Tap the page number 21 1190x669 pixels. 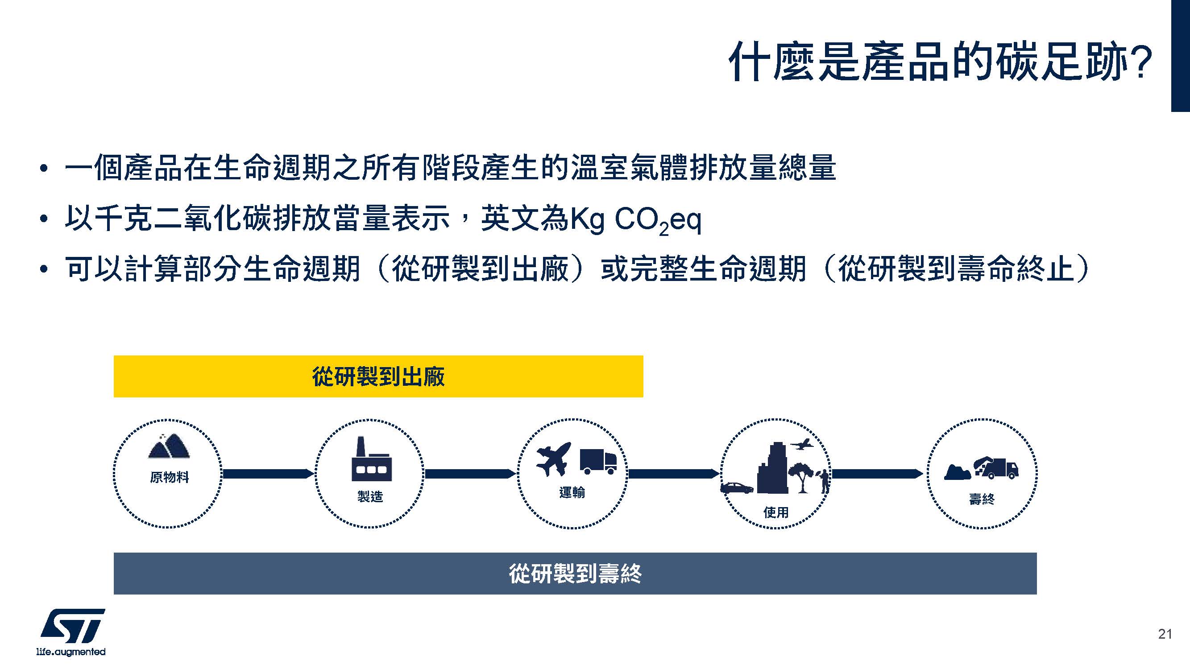point(1165,634)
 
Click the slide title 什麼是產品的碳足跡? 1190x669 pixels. point(941,62)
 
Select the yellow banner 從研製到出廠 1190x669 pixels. point(378,376)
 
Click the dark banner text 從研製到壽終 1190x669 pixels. point(575,574)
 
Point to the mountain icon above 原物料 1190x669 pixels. point(169,446)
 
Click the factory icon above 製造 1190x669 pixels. point(371,459)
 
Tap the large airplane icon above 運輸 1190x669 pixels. point(554,459)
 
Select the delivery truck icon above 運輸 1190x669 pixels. point(598,462)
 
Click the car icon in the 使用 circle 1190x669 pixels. point(737,488)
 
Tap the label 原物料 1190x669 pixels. point(170,477)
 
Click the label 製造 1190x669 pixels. point(370,497)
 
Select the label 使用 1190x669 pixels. point(775,512)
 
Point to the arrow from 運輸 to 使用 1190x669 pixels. point(674,474)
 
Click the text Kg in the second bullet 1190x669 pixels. point(588,220)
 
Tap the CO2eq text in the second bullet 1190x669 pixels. point(658,221)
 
